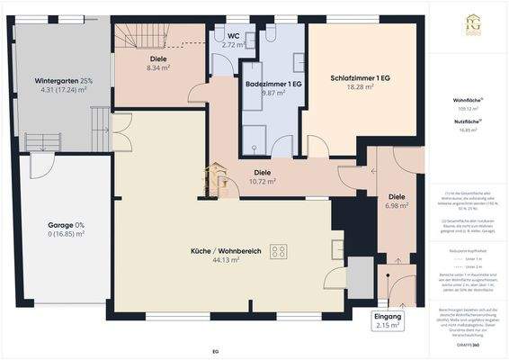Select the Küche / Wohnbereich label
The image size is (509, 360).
(226, 250)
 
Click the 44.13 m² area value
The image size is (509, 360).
(226, 260)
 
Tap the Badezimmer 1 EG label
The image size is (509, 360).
(272, 83)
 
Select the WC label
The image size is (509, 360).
(233, 35)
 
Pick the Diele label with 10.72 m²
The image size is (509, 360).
(263, 171)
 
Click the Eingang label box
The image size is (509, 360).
(388, 321)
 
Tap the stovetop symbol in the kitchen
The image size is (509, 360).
(279, 251)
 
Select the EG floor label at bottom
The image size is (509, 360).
(216, 350)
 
